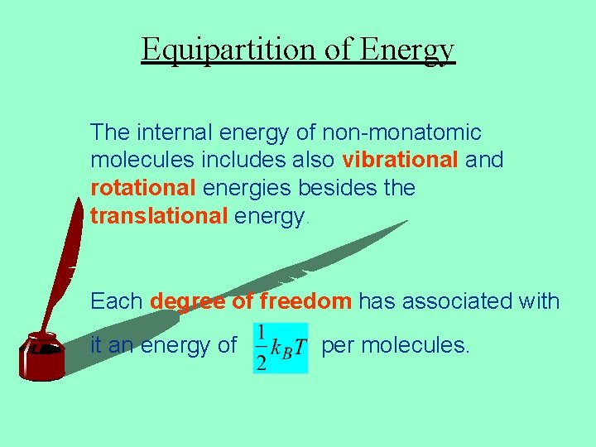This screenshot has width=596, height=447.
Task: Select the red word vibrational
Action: (400, 160)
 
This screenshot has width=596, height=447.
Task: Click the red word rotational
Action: (142, 188)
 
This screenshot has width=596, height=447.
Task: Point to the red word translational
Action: (158, 216)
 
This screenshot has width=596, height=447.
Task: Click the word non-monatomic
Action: (401, 132)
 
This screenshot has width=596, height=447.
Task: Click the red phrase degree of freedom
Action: (251, 301)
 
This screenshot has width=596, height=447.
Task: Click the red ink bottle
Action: (41, 357)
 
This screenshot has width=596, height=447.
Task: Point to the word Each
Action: (117, 301)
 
